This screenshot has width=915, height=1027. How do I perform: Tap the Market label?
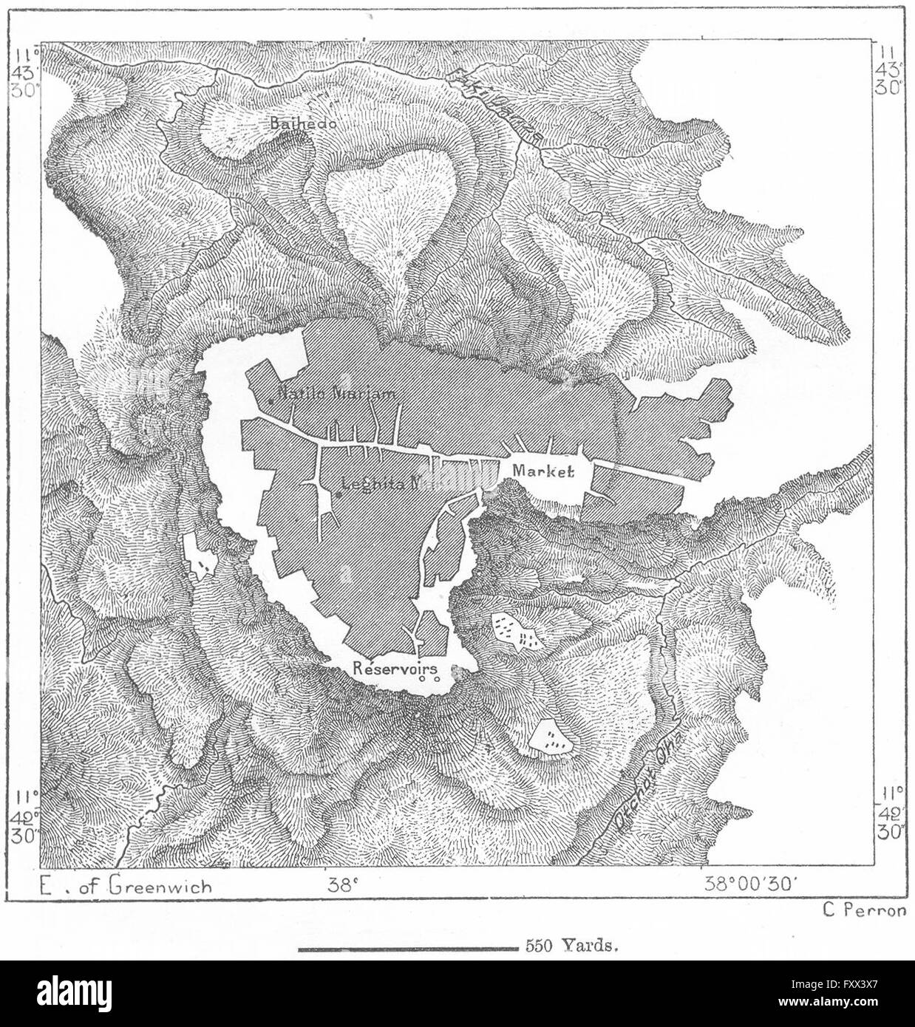[x=543, y=471]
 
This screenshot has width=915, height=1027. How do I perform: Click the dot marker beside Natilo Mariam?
[x=271, y=400]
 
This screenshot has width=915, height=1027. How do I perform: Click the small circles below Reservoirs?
[x=429, y=678]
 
